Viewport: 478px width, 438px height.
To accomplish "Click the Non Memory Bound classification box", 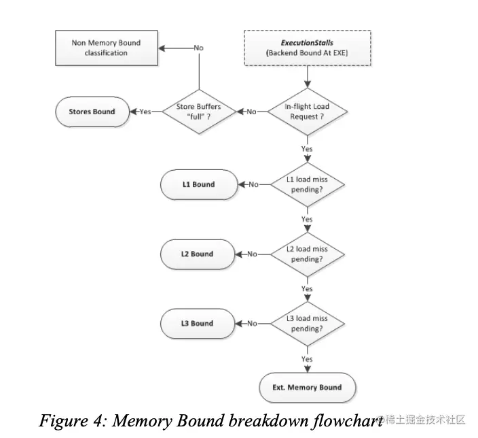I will pos(106,48).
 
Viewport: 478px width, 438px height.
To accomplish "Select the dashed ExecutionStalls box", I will pos(308,48).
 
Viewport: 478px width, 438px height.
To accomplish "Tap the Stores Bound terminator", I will pos(92,112).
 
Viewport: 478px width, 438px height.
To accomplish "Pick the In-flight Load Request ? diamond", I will pos(308,112).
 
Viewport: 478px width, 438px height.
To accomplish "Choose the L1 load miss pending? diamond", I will pos(308,184).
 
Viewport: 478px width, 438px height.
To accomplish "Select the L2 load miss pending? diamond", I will pos(308,254).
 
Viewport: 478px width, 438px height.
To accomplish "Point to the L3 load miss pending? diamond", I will pos(308,323).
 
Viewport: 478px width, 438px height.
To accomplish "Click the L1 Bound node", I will pos(198,184).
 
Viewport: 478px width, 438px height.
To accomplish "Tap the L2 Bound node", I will pos(198,254).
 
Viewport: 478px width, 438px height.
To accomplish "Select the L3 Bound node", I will pos(198,323).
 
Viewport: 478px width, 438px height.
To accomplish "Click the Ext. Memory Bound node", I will pos(308,387).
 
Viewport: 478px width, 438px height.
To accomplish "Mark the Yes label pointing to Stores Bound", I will pos(145,112).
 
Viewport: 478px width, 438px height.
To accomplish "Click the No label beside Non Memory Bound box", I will pos(198,48).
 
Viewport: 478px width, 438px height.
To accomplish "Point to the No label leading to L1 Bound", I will pos(253,184).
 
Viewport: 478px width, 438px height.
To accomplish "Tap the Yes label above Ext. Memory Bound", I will pos(307,358).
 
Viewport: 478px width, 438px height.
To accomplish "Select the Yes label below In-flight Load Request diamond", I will pos(307,148).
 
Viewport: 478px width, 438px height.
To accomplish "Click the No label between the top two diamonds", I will pos(252,112).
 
